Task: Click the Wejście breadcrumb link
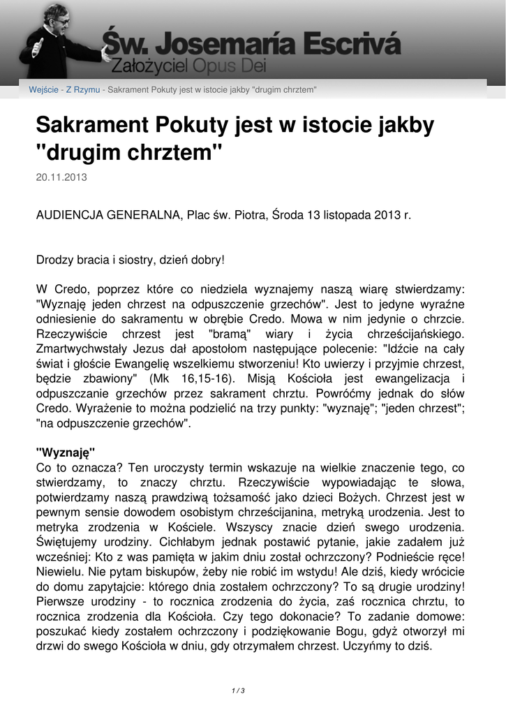[43, 90]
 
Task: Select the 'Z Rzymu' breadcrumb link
[83, 90]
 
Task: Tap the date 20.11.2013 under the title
[61, 177]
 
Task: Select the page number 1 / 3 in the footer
[238, 691]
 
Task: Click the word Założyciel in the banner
[146, 69]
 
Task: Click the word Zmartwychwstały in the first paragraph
[87, 348]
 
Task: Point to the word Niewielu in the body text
[58, 572]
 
